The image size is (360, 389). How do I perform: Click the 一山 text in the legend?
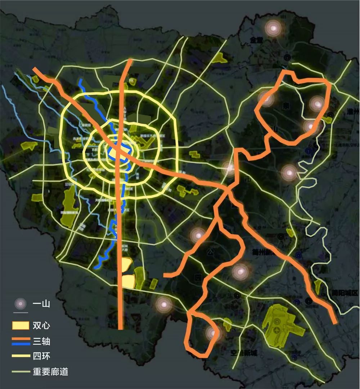[x=41, y=304]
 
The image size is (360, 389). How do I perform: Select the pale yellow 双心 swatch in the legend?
[x=21, y=325]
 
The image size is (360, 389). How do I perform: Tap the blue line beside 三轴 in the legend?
[x=21, y=344]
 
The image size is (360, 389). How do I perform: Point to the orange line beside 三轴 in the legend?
[x=21, y=339]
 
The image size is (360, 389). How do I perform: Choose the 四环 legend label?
[x=41, y=356]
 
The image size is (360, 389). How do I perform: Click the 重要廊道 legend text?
[x=50, y=371]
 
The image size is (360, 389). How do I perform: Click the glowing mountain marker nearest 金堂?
[x=273, y=28]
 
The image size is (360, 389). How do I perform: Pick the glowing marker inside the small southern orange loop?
[x=212, y=333]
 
